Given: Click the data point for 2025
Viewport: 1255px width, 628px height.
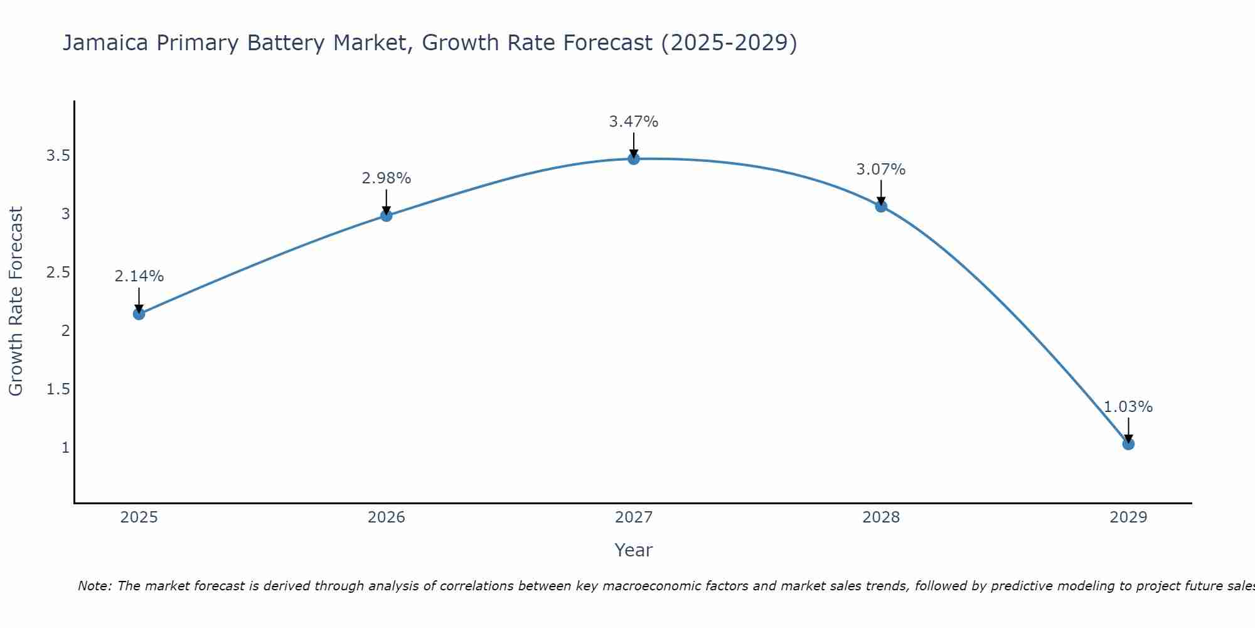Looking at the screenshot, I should point(139,313).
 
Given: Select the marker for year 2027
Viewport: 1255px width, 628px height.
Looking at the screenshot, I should point(633,159).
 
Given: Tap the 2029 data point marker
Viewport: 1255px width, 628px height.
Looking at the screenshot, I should point(1128,444).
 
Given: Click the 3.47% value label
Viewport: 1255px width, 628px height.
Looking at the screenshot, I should point(633,122).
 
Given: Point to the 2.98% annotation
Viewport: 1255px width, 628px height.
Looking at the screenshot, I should point(386,178).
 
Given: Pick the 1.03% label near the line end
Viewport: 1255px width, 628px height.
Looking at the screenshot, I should point(1128,407).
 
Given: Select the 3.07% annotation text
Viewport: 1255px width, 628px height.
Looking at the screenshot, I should point(880,170).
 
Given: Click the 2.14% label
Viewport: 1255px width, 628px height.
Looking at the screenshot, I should point(139,276).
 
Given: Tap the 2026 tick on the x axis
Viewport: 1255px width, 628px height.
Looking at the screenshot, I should point(386,517).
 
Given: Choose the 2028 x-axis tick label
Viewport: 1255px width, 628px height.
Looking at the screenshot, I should point(880,517).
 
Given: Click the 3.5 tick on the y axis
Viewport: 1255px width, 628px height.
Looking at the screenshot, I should point(58,156).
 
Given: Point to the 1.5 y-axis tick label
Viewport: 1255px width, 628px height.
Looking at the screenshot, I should point(58,389).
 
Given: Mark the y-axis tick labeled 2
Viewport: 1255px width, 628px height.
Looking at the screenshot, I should point(65,331).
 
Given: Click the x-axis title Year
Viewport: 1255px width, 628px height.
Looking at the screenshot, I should point(633,550).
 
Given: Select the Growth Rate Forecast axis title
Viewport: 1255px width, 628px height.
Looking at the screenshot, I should point(16,301).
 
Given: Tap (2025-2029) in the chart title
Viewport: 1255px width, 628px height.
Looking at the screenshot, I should point(729,43).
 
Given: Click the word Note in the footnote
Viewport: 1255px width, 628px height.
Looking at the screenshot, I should point(93,586).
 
